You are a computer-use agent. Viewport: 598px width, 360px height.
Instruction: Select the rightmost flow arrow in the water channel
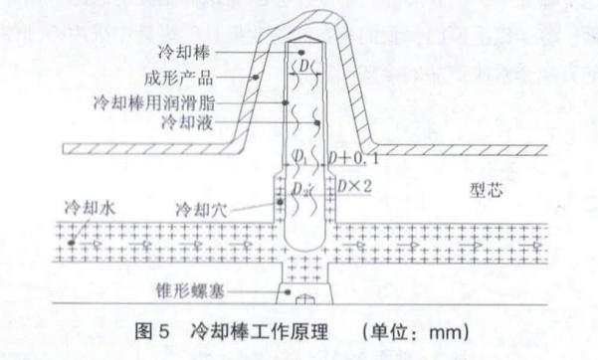[x=537, y=242]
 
